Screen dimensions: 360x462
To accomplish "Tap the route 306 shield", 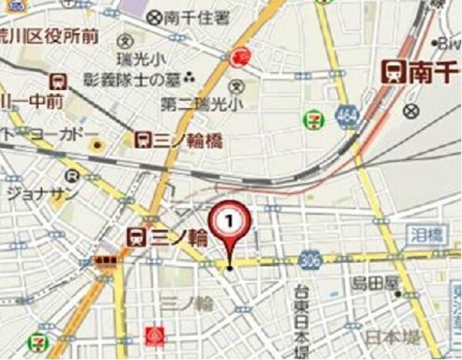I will (x=310, y=258).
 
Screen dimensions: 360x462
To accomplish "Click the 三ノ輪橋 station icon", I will (x=142, y=138).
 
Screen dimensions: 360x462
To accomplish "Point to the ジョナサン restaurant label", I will (x=42, y=193).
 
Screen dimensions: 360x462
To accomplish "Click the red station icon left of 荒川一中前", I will (x=57, y=80).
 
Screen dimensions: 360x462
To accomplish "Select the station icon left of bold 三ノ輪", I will (x=137, y=236).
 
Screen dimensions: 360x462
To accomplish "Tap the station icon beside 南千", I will (x=395, y=72).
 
